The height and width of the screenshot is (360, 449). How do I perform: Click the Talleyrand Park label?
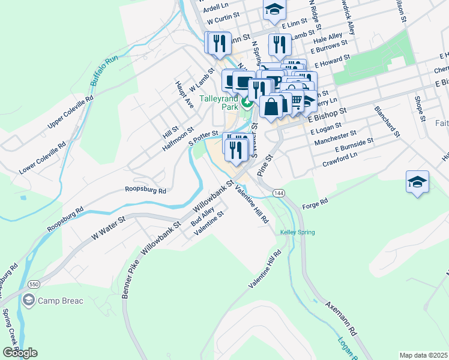(x=219, y=102)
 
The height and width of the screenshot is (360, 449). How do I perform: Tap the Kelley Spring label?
(x=297, y=232)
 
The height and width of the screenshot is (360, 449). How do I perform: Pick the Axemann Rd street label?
(x=341, y=319)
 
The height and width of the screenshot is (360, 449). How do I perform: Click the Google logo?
(x=20, y=353)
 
